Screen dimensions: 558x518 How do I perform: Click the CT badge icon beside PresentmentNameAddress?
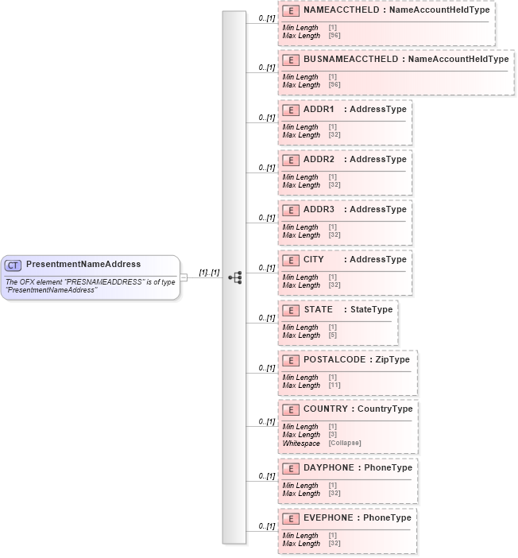tap(14, 265)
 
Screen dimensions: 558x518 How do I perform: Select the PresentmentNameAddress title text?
tap(83, 264)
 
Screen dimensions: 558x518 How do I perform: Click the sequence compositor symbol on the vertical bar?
tap(234, 277)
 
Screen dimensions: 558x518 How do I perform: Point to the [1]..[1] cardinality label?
tap(209, 273)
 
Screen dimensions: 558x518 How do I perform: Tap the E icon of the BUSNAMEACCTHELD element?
tap(292, 60)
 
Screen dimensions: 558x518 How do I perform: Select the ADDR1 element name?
tap(319, 109)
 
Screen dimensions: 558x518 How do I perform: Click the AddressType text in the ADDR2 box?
tap(378, 159)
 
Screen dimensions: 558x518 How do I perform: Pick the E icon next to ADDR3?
tap(292, 210)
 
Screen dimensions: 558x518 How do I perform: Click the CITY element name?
tap(314, 259)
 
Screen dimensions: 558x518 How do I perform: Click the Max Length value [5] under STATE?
tap(332, 335)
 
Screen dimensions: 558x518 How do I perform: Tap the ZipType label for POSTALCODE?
tap(392, 359)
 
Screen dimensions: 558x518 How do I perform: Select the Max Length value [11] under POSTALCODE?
tap(334, 386)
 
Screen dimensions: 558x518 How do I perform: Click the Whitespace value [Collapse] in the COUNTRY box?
tap(345, 443)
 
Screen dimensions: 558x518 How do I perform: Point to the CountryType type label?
tap(385, 409)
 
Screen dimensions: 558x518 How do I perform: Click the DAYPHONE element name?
tap(329, 467)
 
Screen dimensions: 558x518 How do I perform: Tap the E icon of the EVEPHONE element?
tap(292, 518)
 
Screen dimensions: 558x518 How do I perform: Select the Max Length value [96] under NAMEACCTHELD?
tap(334, 36)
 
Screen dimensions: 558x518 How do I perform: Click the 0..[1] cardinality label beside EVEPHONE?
tap(266, 526)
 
